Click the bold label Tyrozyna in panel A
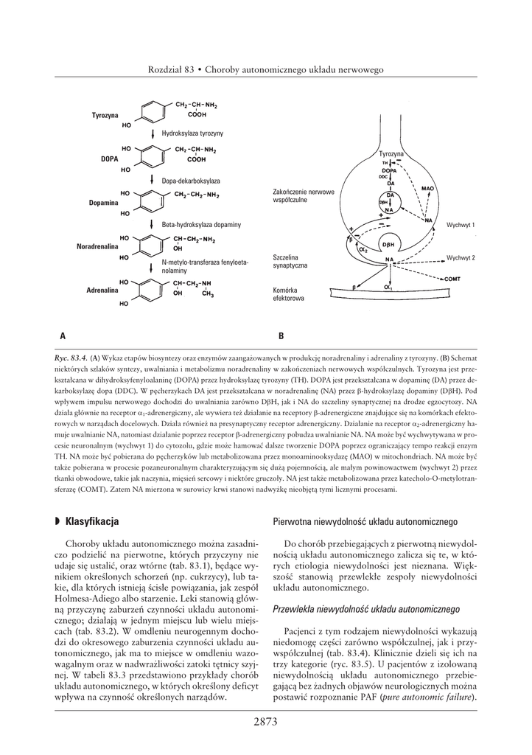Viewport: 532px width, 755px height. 105,116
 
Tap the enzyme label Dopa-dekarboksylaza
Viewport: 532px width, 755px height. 191,180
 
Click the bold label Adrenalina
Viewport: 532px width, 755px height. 102,290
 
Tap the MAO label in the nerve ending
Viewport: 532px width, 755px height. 428,189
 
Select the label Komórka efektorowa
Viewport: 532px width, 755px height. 287,295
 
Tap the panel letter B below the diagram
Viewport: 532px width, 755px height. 281,335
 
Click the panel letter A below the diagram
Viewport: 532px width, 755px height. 63,335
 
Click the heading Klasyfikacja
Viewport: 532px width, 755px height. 91,521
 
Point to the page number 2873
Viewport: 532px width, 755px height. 265,722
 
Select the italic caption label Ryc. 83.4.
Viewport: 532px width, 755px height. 71,357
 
